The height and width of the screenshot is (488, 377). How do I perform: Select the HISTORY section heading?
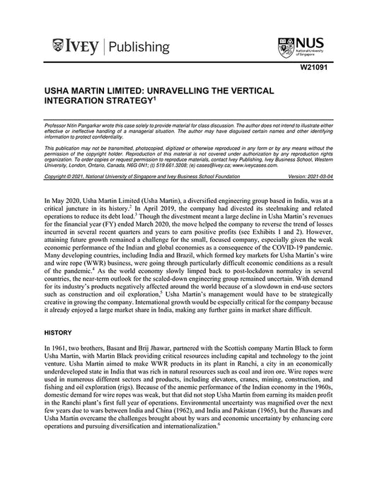tap(58, 331)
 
